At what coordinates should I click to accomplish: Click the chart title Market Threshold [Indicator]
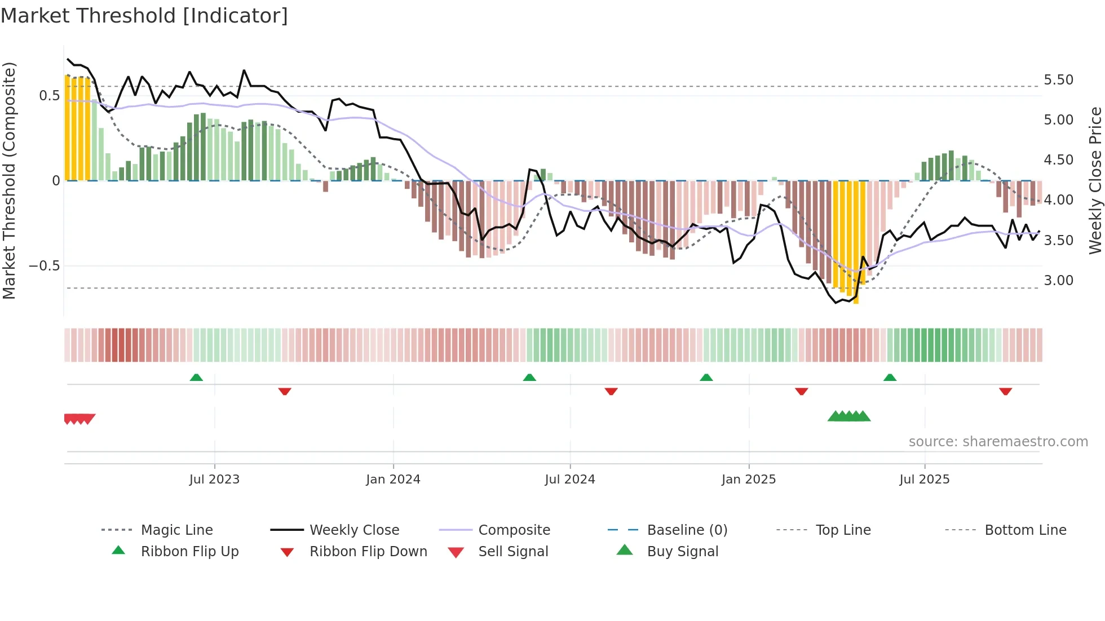point(144,16)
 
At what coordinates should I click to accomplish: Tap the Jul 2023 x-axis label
point(214,480)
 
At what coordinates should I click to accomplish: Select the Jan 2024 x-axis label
point(393,480)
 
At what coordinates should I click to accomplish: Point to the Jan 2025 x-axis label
point(749,480)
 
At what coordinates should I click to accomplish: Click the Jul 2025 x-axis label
point(925,480)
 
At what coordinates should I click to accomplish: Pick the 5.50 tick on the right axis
point(1058,80)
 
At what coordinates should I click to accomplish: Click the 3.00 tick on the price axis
point(1058,281)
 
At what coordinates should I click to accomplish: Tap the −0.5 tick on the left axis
point(45,266)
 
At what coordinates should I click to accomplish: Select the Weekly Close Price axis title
point(1095,180)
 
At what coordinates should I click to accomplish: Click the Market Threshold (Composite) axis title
point(9,180)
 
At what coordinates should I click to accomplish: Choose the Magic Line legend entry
point(176,530)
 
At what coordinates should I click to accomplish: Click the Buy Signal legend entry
point(682,552)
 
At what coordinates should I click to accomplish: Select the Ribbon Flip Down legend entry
point(368,552)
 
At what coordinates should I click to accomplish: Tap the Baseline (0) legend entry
point(687,530)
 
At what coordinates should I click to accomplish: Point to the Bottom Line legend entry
point(1025,530)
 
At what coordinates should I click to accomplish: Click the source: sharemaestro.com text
point(998,442)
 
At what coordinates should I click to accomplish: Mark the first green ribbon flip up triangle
point(196,378)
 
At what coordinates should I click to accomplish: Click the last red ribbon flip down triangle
point(1005,391)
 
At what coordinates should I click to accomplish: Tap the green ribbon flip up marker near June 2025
point(890,378)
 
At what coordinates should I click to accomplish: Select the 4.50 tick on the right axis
point(1058,160)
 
